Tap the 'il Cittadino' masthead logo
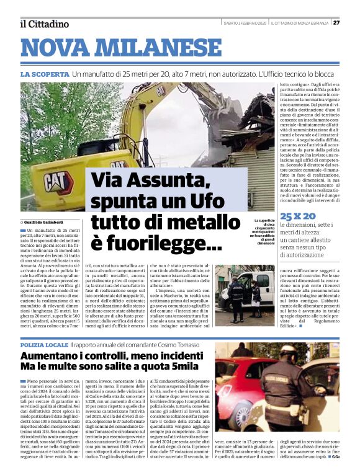point(44,24)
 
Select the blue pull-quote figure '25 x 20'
point(298,216)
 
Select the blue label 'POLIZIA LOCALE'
point(45,344)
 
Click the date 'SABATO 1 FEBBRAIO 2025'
point(245,23)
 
